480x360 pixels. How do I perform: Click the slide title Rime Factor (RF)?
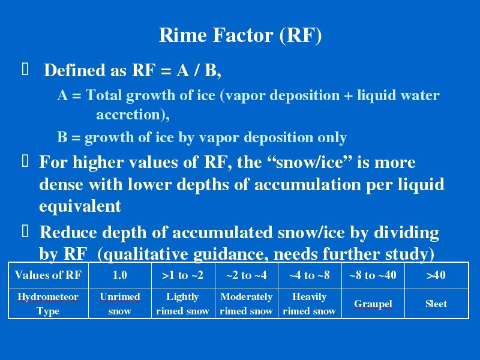click(241, 35)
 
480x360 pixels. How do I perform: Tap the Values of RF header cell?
click(48, 275)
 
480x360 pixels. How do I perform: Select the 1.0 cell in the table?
click(119, 275)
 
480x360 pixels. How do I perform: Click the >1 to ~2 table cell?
click(183, 275)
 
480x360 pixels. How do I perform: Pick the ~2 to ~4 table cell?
click(247, 275)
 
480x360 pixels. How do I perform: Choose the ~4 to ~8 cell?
click(310, 275)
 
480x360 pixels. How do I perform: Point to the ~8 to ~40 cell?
click(373, 275)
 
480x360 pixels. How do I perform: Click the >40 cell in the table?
click(436, 275)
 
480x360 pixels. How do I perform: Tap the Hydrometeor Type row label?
click(48, 304)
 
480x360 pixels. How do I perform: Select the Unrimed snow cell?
click(119, 304)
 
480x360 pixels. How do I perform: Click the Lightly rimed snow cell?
click(183, 304)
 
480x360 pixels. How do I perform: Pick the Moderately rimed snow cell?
click(247, 304)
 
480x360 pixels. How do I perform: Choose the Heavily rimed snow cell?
click(310, 304)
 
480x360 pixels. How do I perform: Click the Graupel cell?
click(373, 304)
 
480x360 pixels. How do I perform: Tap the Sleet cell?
click(436, 304)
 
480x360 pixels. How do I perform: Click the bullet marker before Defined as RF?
click(25, 69)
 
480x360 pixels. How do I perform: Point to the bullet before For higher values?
click(25, 161)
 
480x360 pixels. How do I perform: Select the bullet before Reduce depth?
click(25, 231)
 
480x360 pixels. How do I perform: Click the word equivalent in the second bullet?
click(80, 206)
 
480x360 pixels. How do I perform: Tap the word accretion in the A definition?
click(133, 115)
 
